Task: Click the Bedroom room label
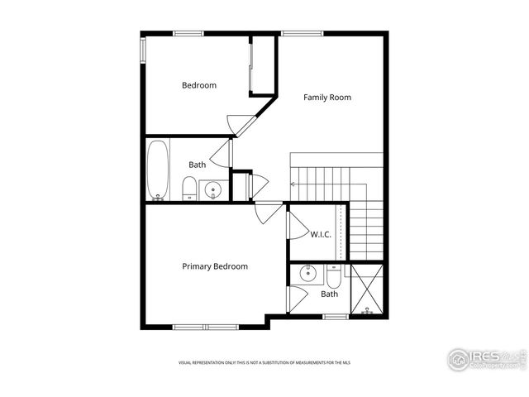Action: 199,85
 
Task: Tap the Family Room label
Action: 326,98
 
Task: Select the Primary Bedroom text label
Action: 215,266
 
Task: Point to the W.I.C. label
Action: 321,234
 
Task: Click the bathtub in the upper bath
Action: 157,170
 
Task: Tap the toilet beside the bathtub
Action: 189,189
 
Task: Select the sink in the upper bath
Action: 213,191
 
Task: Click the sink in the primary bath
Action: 307,274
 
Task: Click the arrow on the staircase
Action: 293,184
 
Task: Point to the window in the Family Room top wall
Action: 296,33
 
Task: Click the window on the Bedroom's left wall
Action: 142,50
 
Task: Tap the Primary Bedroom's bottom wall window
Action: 205,327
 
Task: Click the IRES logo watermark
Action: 486,359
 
